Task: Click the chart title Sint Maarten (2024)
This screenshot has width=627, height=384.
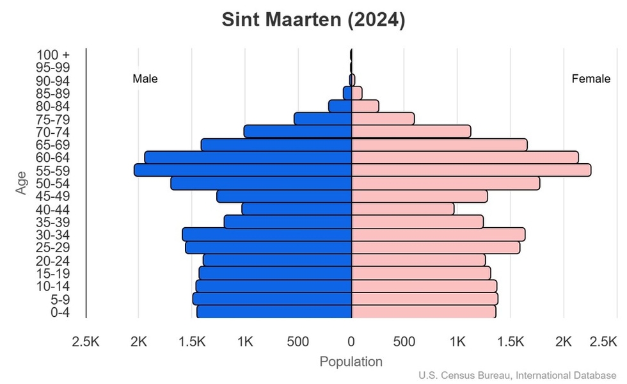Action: pos(313,20)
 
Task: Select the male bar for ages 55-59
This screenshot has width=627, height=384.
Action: pos(243,170)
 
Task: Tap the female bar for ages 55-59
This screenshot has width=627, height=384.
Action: pos(471,170)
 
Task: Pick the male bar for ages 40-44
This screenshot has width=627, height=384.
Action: pos(297,209)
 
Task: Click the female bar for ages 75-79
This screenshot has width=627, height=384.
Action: pos(383,119)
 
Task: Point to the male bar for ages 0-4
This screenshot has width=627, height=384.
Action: pos(274,312)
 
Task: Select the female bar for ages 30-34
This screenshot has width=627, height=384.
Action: pos(438,234)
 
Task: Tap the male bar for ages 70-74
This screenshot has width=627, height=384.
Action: pos(298,132)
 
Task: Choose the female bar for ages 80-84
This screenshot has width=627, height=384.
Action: pos(365,106)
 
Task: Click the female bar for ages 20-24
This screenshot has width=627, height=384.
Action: pos(418,260)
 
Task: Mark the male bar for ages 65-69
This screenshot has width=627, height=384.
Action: pos(276,145)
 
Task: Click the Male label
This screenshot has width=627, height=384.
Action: pos(145,79)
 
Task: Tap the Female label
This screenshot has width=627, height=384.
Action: pos(591,79)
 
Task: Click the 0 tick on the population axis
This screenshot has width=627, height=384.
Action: pos(351,342)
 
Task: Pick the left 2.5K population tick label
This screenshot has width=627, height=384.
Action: pos(86,342)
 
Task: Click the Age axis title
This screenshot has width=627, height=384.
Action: pos(22,183)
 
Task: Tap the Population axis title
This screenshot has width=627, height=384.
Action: pos(351,362)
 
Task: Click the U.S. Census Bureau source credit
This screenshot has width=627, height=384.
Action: pos(518,375)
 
